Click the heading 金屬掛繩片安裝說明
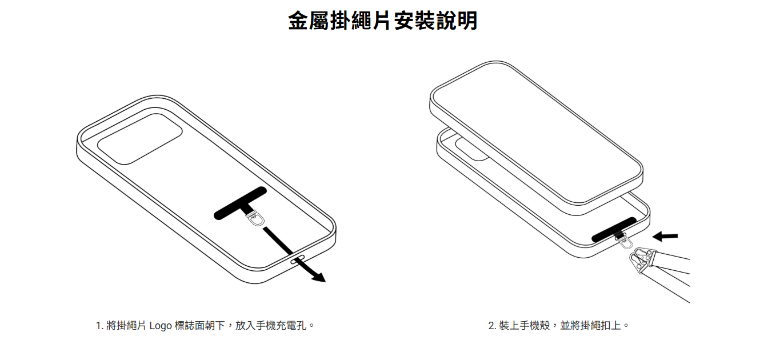(x=382, y=21)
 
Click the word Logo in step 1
(x=161, y=326)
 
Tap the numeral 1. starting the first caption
(x=99, y=326)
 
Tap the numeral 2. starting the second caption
(x=492, y=326)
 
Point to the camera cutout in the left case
(x=140, y=139)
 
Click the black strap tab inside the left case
(x=240, y=203)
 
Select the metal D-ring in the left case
(x=255, y=219)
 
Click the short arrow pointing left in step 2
(x=665, y=236)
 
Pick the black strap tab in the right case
(x=614, y=230)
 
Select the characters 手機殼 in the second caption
(x=535, y=326)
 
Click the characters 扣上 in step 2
(x=610, y=326)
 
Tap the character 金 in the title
(x=298, y=21)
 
